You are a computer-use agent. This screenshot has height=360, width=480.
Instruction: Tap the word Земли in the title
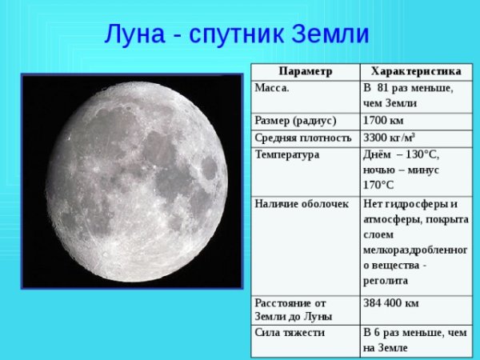327,34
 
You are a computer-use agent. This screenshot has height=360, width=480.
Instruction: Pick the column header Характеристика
411,71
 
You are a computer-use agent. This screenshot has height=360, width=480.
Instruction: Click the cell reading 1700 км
383,121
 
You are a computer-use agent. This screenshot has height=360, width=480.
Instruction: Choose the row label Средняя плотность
303,137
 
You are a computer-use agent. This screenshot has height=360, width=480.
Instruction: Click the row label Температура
286,154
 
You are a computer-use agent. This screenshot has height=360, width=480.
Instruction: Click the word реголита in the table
386,281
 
